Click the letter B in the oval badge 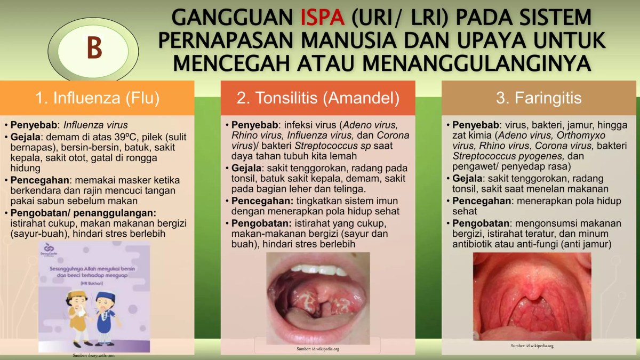tap(94, 47)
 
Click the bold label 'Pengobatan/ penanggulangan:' tap(83, 212)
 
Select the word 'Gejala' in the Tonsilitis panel tap(245, 169)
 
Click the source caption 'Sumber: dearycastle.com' tap(94, 355)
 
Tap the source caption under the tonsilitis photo tap(318, 349)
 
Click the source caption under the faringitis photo tap(532, 346)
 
